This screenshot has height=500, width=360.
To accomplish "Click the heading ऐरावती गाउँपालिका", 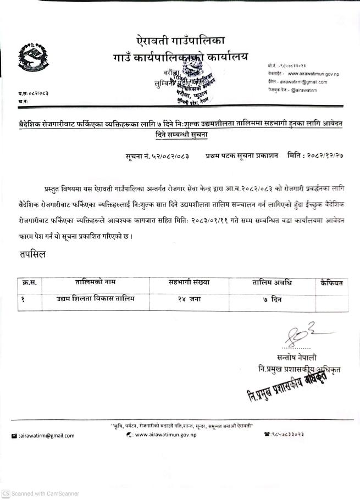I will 181,41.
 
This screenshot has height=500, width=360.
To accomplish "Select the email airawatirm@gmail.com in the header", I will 300,81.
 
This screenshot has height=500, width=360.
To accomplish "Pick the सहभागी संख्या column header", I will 189,283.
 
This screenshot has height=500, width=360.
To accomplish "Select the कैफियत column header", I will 331,283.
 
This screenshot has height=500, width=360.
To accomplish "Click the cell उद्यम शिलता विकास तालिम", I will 95,299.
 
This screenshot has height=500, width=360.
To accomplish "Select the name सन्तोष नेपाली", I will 297,358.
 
